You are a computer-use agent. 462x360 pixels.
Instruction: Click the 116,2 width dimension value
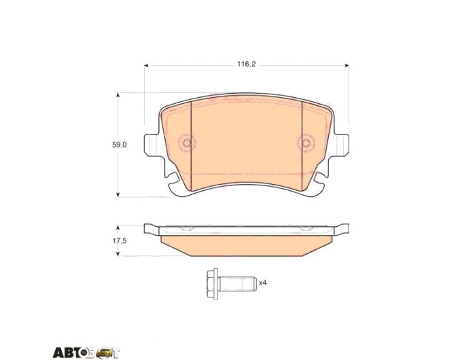click(247, 65)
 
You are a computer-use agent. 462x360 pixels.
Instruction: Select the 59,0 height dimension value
click(119, 145)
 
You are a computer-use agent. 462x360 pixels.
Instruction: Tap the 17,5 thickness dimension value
click(119, 240)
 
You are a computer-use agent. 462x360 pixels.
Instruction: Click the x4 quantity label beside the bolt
click(262, 283)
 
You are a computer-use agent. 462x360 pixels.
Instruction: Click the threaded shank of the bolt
click(237, 284)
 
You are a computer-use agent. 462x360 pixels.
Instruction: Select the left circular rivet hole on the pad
click(187, 143)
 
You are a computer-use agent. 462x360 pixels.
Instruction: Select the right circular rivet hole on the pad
click(306, 143)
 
